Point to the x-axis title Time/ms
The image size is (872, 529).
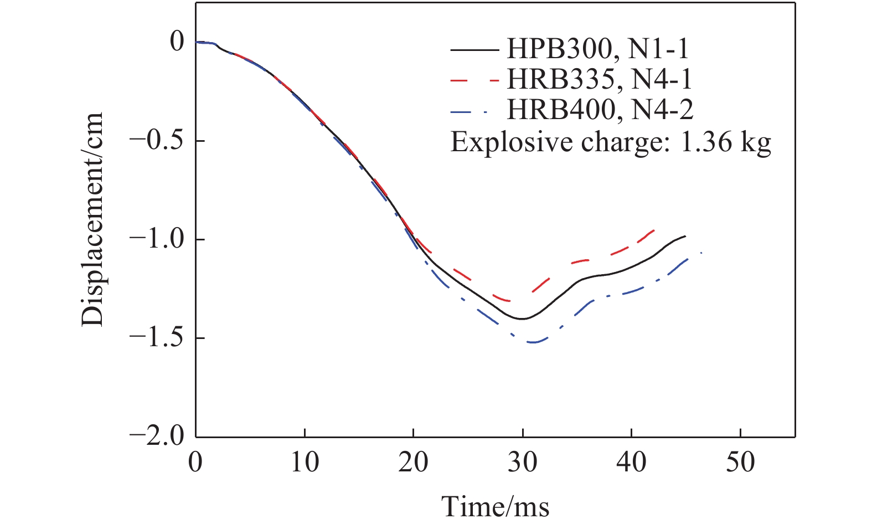click(x=495, y=506)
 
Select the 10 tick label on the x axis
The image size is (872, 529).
click(x=304, y=462)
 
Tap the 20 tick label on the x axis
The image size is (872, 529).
click(x=413, y=462)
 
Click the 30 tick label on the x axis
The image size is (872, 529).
click(x=522, y=462)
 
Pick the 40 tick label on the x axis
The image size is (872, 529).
click(x=631, y=462)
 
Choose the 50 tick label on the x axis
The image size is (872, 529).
click(x=740, y=462)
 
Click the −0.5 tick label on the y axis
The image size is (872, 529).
click(x=158, y=141)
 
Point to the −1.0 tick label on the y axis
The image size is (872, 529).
click(x=158, y=239)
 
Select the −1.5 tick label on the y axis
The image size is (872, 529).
click(x=158, y=338)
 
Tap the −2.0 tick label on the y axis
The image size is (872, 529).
click(x=158, y=436)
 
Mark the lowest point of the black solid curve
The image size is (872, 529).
click(x=522, y=319)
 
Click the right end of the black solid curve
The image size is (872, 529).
click(x=685, y=236)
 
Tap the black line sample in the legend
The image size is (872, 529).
click(x=473, y=50)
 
